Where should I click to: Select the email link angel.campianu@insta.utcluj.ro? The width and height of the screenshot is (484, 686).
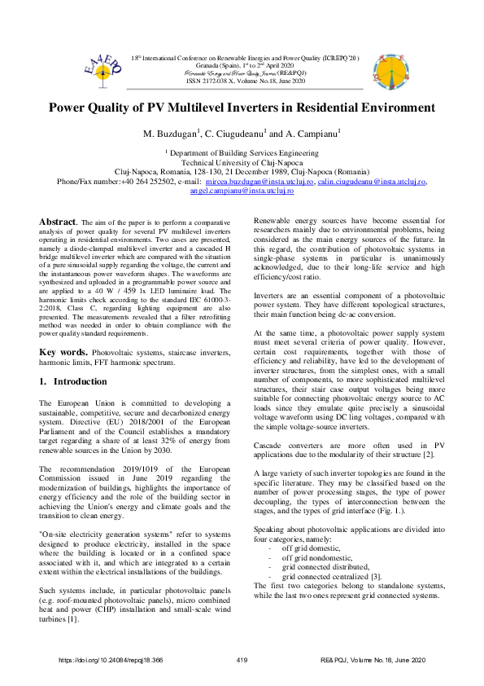point(242,192)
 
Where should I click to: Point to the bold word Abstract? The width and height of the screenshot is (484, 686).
point(58,222)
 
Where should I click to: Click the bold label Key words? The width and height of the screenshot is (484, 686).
point(62,351)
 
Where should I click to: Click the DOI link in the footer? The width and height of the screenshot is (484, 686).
point(111,660)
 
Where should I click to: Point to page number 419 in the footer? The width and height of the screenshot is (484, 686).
point(241,660)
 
